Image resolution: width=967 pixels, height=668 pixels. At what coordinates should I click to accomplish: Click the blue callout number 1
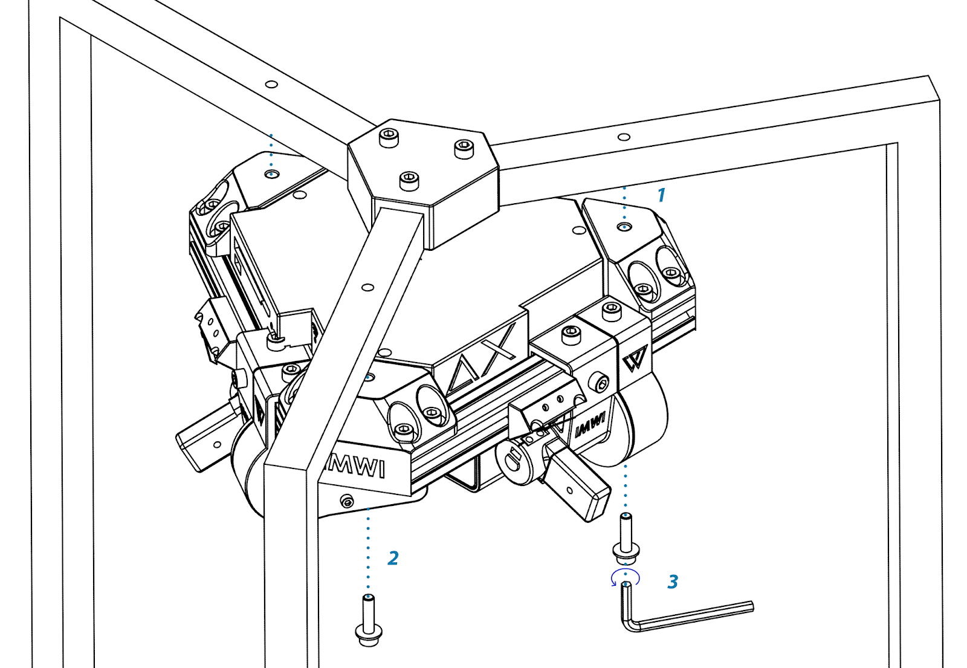coord(661,195)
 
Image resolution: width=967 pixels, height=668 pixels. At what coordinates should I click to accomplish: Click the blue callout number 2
coord(393,558)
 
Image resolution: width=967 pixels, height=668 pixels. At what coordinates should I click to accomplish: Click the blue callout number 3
coord(673,582)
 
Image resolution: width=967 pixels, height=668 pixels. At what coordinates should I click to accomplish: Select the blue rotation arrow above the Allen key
coord(625,577)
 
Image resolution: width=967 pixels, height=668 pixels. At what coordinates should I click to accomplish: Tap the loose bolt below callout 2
coord(368,620)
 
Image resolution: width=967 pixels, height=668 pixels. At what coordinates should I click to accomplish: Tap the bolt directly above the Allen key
coord(626,535)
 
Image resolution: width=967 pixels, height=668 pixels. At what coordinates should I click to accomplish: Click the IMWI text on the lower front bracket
coord(356,466)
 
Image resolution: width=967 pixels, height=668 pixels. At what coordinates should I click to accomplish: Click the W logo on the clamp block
coord(635,358)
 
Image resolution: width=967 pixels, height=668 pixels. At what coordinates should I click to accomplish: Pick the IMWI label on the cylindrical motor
coord(590,425)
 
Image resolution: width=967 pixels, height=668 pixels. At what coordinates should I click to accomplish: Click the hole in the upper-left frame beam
coord(271,84)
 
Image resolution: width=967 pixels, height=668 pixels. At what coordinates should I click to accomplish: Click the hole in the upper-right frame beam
coord(624,137)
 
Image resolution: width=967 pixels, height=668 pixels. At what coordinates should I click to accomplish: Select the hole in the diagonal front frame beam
coord(367,287)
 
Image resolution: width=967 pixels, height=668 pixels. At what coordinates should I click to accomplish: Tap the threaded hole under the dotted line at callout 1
coord(625,227)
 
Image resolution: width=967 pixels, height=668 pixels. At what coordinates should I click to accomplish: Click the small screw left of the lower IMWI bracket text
coord(347,501)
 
